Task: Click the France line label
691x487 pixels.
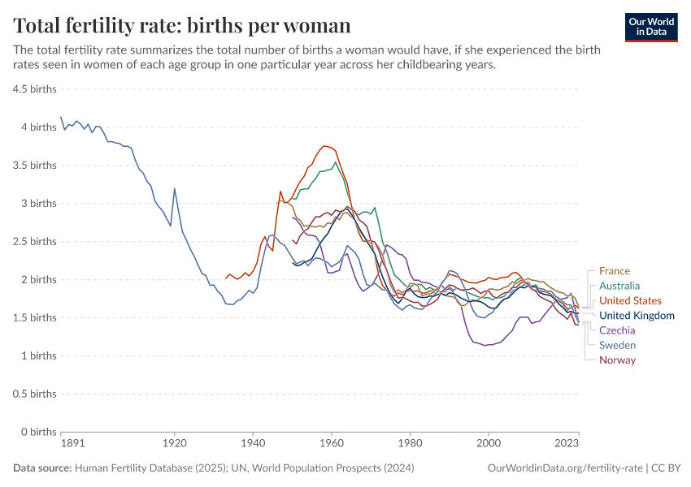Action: tap(614, 271)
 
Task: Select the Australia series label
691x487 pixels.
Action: tap(619, 286)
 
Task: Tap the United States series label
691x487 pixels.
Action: tap(630, 300)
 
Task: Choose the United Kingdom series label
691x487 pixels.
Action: tap(637, 316)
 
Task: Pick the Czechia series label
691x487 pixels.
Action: tap(617, 330)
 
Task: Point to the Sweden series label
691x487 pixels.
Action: tap(617, 345)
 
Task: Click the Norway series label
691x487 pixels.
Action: tap(617, 360)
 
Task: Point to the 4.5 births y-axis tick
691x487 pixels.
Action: tap(34, 88)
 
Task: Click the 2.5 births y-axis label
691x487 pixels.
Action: tap(34, 241)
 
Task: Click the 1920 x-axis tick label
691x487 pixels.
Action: tap(174, 445)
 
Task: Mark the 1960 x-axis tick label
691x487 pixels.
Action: tap(331, 445)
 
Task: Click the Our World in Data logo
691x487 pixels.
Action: tap(651, 27)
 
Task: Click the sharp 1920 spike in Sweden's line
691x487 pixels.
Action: tap(174, 189)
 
